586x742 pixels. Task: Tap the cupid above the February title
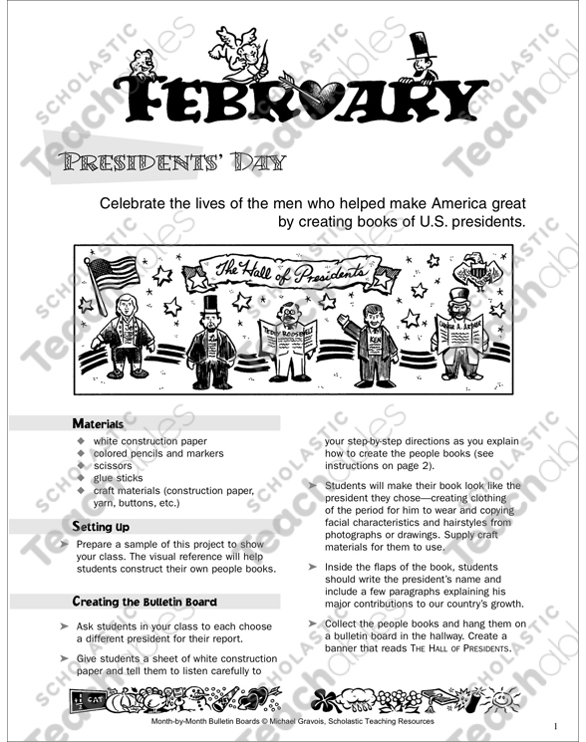244,55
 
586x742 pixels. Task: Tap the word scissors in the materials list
113,464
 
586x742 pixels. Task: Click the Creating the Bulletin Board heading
146,602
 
